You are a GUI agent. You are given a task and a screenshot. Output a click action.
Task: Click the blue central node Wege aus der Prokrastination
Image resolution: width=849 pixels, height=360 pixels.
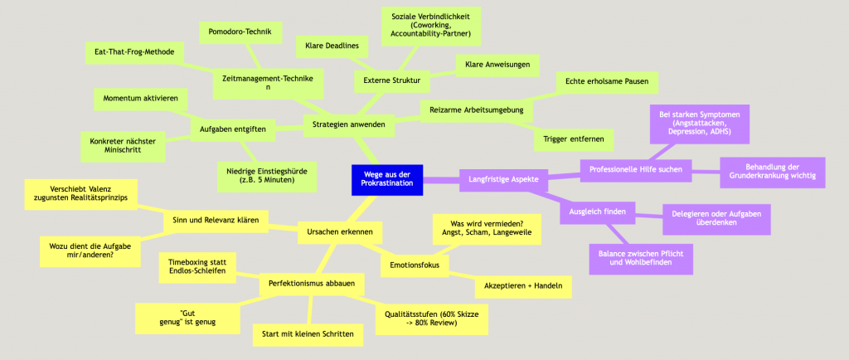pyautogui.click(x=387, y=178)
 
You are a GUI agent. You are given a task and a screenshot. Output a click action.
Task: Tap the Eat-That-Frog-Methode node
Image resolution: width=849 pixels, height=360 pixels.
pyautogui.click(x=133, y=51)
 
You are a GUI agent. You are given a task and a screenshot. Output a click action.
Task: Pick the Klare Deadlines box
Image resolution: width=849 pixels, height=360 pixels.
pyautogui.click(x=332, y=45)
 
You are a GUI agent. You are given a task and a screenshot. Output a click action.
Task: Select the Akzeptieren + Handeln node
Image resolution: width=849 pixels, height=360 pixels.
pyautogui.click(x=523, y=287)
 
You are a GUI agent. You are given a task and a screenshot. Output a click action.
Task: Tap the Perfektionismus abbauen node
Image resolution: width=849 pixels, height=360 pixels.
pyautogui.click(x=312, y=285)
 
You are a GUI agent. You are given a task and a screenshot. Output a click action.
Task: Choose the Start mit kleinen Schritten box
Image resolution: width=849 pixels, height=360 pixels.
pyautogui.click(x=307, y=334)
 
